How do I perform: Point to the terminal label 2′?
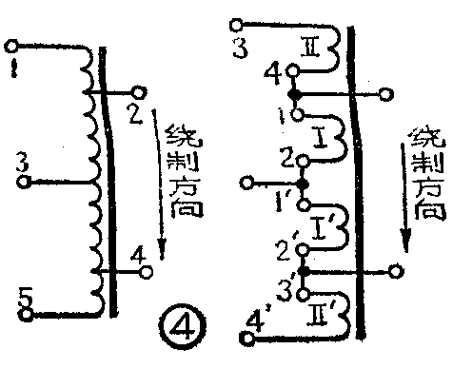tap(282, 251)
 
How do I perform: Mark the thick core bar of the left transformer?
tap(106, 181)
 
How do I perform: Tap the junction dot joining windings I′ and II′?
tap(304, 271)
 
